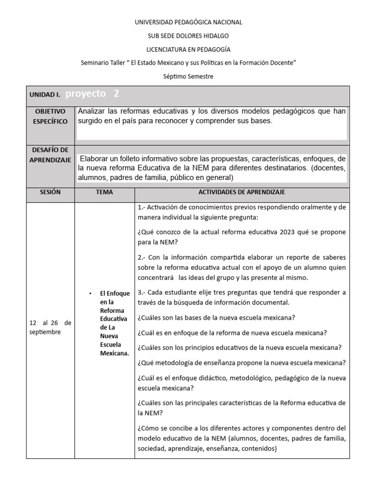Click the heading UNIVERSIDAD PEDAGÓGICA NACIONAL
(188, 22)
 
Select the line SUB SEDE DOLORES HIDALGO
(188, 36)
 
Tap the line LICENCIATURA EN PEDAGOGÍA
(188, 50)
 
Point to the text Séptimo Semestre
(188, 76)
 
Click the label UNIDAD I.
(45, 95)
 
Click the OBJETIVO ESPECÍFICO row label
(51, 116)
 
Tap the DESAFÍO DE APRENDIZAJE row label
(51, 155)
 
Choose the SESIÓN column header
(51, 192)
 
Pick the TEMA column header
(105, 192)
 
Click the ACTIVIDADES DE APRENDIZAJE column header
(242, 192)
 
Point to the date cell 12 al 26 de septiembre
(51, 327)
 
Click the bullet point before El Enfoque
(91, 293)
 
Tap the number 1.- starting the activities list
(143, 207)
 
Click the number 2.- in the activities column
(143, 257)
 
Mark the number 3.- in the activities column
(143, 292)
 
